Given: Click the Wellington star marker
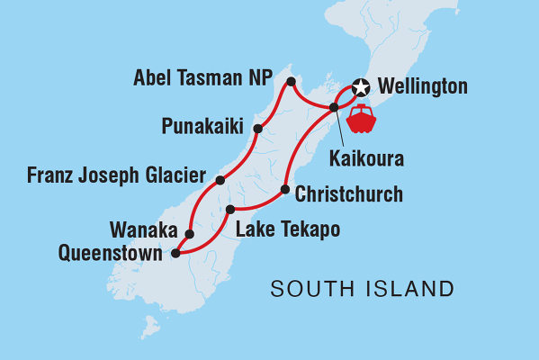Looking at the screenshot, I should click(361, 87).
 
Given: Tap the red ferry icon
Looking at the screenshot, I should click(362, 119).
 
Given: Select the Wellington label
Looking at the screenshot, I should click(423, 87).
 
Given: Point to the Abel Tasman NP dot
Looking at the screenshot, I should click(291, 83).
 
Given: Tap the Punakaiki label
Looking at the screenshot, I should click(202, 125).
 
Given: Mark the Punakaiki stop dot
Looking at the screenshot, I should click(257, 129).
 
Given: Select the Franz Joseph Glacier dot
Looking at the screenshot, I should click(220, 180).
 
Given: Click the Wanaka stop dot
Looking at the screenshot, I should click(189, 234).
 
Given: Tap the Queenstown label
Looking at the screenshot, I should click(111, 254).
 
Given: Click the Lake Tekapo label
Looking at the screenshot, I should click(287, 229).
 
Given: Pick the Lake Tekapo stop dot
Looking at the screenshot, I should click(230, 209).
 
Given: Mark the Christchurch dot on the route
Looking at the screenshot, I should click(285, 190).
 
